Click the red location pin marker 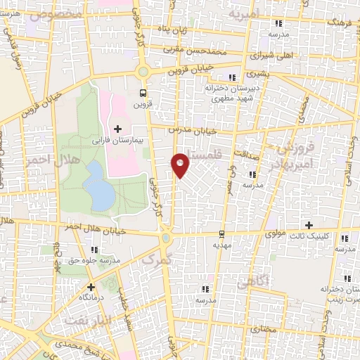pos(181,165)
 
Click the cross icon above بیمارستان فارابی pos(117,129)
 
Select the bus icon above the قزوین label pos(143,93)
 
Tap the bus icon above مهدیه pos(222,234)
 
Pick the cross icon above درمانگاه pos(90,287)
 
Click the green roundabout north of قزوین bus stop pos(143,72)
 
